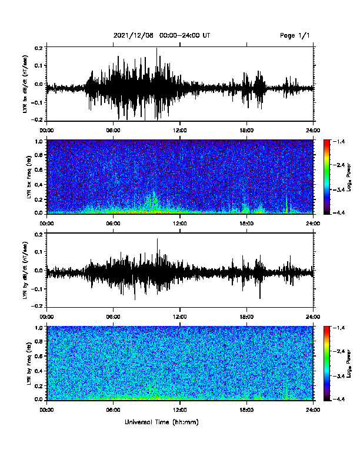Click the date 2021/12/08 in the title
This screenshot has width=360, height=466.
coord(134,35)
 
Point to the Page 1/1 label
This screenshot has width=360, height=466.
coord(295,35)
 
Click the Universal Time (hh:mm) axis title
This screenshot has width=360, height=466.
coord(162,422)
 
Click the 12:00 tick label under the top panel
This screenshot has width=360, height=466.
coord(180,131)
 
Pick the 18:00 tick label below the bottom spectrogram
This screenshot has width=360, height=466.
coord(246,410)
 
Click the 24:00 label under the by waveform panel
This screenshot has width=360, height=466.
coord(314,317)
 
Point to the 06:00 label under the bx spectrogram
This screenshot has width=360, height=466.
coord(113,224)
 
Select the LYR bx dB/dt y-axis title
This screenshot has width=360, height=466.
coord(26,84)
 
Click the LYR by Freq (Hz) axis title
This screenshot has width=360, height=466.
coord(29,363)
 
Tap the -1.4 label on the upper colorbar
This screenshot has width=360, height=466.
coord(338,142)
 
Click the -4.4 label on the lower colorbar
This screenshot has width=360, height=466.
coord(338,399)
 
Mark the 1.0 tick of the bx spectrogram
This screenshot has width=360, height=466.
coord(40,141)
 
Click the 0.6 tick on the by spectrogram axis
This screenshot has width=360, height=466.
coord(40,356)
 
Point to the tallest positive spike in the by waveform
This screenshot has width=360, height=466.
coord(157,239)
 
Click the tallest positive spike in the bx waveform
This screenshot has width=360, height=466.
coord(156,48)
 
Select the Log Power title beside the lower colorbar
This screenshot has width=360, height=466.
coord(349,364)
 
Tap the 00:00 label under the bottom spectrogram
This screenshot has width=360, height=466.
coord(46,410)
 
